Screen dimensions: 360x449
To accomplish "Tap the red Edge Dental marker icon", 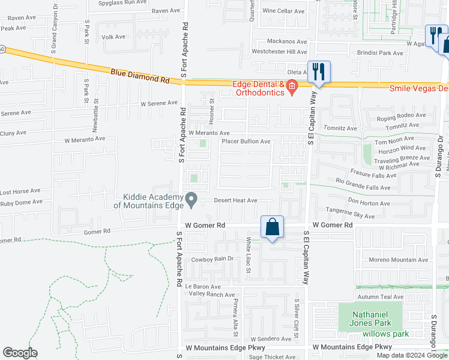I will point(292,88).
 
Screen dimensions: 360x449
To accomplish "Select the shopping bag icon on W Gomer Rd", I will point(273,227).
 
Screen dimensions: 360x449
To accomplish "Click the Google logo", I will point(20,353).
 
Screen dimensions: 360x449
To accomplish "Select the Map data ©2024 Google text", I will point(411,355).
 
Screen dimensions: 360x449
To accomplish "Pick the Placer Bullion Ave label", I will point(246,142).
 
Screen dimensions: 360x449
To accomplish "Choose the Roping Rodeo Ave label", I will point(401,115).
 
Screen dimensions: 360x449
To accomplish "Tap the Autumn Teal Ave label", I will point(381,296).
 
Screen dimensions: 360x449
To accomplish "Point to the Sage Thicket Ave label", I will point(272,357).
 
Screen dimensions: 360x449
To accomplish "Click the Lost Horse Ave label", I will point(20,191).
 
